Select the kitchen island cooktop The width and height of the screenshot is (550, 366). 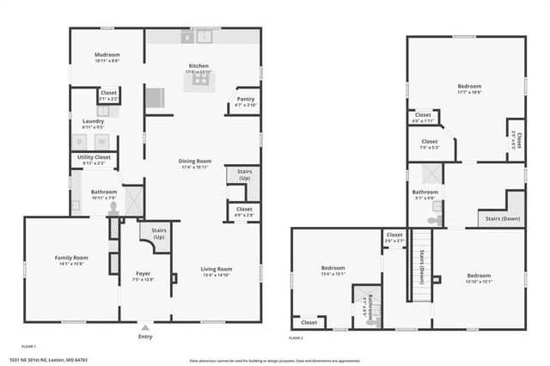click(201, 81)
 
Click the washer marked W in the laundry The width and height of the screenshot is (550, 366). click(101, 142)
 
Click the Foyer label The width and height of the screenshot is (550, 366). click(144, 252)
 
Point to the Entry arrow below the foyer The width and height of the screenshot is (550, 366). click(144, 327)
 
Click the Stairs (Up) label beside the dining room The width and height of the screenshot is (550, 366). click(238, 174)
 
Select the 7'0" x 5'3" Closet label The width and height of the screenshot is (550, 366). click(429, 143)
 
